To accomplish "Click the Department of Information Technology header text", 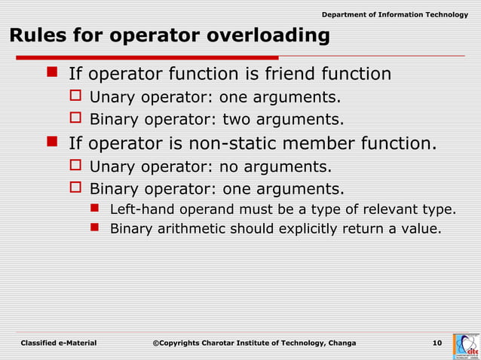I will click(x=394, y=15).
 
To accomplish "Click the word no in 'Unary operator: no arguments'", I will click(x=228, y=165).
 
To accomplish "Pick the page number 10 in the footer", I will click(x=437, y=343).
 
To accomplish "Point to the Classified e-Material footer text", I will click(x=59, y=343).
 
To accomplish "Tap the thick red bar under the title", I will click(x=143, y=57).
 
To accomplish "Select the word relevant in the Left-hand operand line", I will click(x=397, y=209).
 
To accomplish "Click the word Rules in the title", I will click(x=35, y=36).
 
